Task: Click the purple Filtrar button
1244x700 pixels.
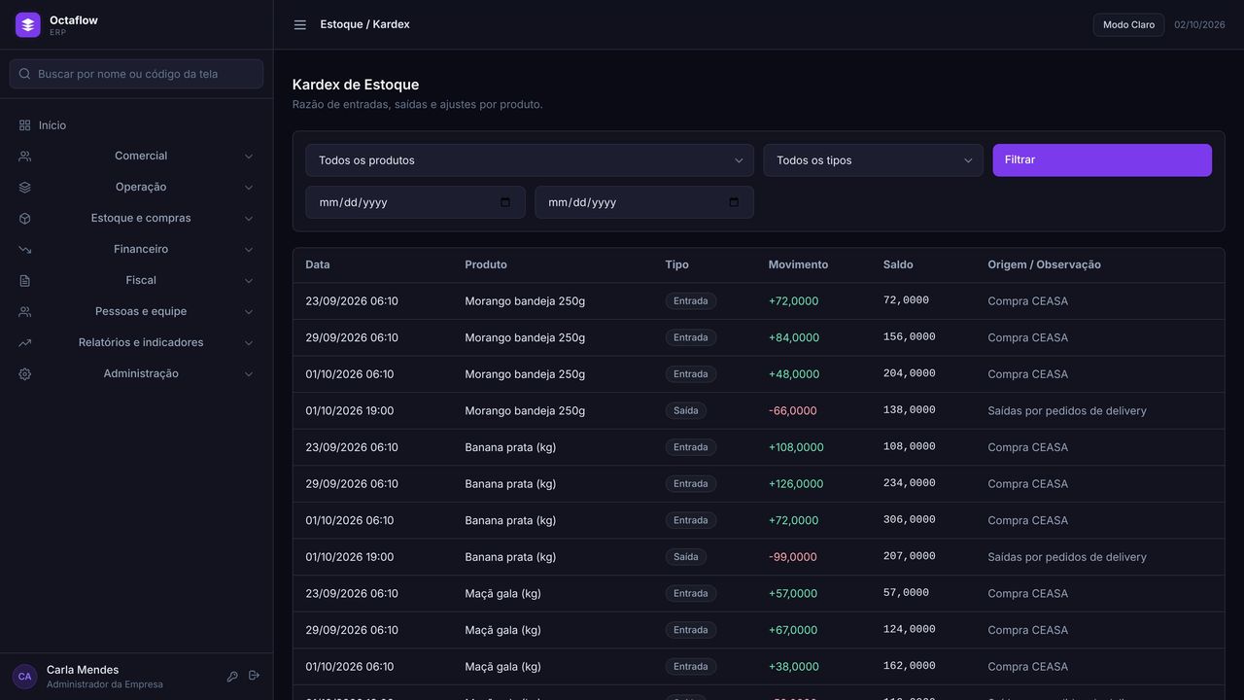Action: point(1102,160)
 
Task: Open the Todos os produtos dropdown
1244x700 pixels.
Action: point(530,160)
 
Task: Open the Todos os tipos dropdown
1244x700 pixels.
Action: point(873,160)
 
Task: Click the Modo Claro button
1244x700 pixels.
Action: point(1128,25)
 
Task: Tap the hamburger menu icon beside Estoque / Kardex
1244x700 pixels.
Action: point(300,25)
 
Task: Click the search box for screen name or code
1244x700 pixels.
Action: point(136,74)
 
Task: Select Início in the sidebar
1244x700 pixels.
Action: point(52,125)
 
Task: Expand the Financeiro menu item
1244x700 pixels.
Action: point(141,249)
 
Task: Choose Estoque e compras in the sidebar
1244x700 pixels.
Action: point(141,218)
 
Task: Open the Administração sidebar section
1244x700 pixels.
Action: point(141,373)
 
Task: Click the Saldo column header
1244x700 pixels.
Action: point(898,264)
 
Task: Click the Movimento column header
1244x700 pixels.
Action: point(798,264)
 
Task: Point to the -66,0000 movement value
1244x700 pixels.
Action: point(792,410)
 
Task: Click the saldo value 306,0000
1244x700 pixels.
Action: point(909,519)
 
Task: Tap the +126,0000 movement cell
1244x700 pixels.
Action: point(796,484)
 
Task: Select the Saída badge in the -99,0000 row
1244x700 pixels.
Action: point(686,557)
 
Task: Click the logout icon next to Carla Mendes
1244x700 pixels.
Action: point(254,676)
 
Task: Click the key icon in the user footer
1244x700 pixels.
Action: point(232,676)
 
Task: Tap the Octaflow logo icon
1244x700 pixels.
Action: point(28,25)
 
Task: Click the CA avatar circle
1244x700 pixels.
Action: point(24,676)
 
